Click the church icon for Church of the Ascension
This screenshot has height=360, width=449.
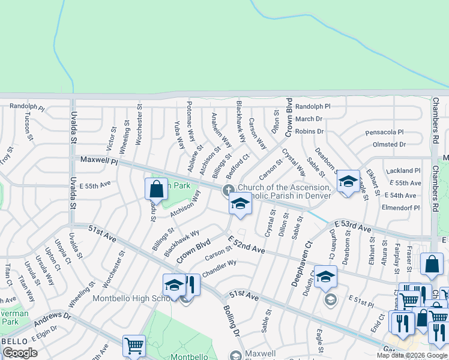coord(228,191)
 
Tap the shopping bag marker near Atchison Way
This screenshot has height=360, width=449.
coord(156,189)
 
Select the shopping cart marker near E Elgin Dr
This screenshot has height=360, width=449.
coord(134,346)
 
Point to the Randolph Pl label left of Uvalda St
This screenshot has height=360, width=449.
coord(27,107)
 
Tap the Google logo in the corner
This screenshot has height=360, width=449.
coord(20,352)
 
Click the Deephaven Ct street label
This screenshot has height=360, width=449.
coord(301,263)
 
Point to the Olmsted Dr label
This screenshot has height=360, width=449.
coord(389,145)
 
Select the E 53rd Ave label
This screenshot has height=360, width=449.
coord(353,226)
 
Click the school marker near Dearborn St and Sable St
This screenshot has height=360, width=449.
coord(348,181)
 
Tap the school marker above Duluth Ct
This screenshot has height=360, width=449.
coord(326,276)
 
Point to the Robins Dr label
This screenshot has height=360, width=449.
coord(309,131)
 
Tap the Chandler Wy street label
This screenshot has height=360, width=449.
coord(220,268)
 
